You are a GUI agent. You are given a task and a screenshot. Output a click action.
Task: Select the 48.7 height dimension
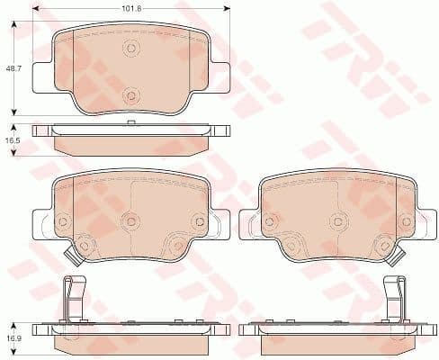click(x=12, y=67)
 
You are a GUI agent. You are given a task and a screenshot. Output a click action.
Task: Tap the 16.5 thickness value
click(x=12, y=141)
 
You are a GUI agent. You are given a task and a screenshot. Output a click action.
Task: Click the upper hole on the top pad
click(x=131, y=49)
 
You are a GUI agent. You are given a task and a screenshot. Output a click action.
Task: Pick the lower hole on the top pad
click(x=131, y=94)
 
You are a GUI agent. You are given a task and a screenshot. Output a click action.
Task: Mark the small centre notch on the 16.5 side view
click(x=131, y=122)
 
